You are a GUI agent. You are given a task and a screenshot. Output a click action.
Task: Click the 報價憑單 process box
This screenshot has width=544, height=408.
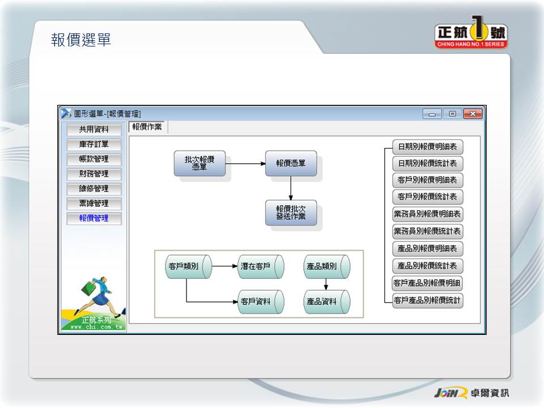click(291, 163)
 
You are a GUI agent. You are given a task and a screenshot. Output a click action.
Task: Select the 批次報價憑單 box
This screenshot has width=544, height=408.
click(199, 163)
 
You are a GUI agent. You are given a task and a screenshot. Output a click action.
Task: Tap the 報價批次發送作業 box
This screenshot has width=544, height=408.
click(291, 212)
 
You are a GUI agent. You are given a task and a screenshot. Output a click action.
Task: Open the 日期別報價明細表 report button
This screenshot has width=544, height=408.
click(427, 147)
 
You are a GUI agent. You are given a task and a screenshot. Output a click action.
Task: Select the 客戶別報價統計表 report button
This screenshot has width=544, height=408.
click(427, 197)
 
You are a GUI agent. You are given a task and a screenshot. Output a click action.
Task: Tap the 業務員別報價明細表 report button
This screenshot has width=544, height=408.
click(427, 214)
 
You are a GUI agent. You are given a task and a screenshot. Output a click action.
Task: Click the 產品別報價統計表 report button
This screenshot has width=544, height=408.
click(427, 265)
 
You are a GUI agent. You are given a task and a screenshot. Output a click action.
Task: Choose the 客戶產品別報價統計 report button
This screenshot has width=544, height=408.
click(427, 300)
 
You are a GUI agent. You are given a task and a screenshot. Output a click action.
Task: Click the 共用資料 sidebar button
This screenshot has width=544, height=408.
click(93, 130)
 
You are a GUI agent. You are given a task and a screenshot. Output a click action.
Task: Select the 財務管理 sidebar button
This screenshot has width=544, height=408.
click(93, 174)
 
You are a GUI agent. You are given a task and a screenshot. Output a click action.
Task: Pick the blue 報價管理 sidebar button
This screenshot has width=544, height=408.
click(93, 218)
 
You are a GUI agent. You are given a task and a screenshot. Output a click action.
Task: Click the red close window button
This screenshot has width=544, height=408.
click(473, 114)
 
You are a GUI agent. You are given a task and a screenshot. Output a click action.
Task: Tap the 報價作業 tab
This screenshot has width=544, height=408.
click(147, 127)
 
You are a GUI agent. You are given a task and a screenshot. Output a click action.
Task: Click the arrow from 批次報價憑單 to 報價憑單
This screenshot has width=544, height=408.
click(245, 164)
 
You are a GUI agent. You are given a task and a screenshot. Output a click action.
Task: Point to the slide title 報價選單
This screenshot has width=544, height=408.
click(81, 40)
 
